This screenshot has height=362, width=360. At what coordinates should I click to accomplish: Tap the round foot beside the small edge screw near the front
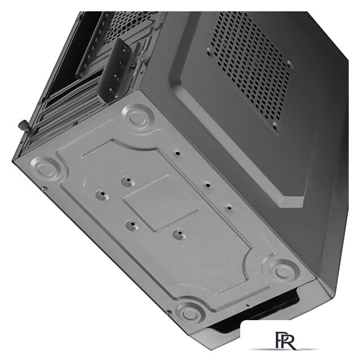coord(190,313)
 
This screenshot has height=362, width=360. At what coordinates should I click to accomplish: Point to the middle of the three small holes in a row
coord(207,185)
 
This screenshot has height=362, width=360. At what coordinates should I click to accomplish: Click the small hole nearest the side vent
coord(177,153)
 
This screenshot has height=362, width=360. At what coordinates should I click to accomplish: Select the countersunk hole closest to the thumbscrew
coord(103,195)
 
